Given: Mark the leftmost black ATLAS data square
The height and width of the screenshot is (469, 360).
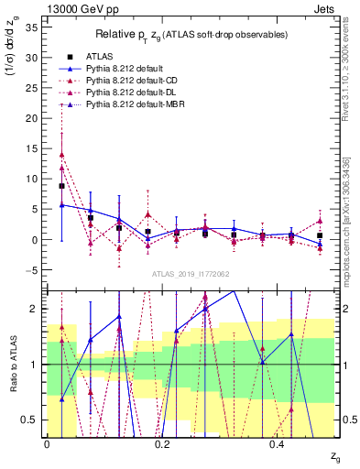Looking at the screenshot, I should coord(61,186).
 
